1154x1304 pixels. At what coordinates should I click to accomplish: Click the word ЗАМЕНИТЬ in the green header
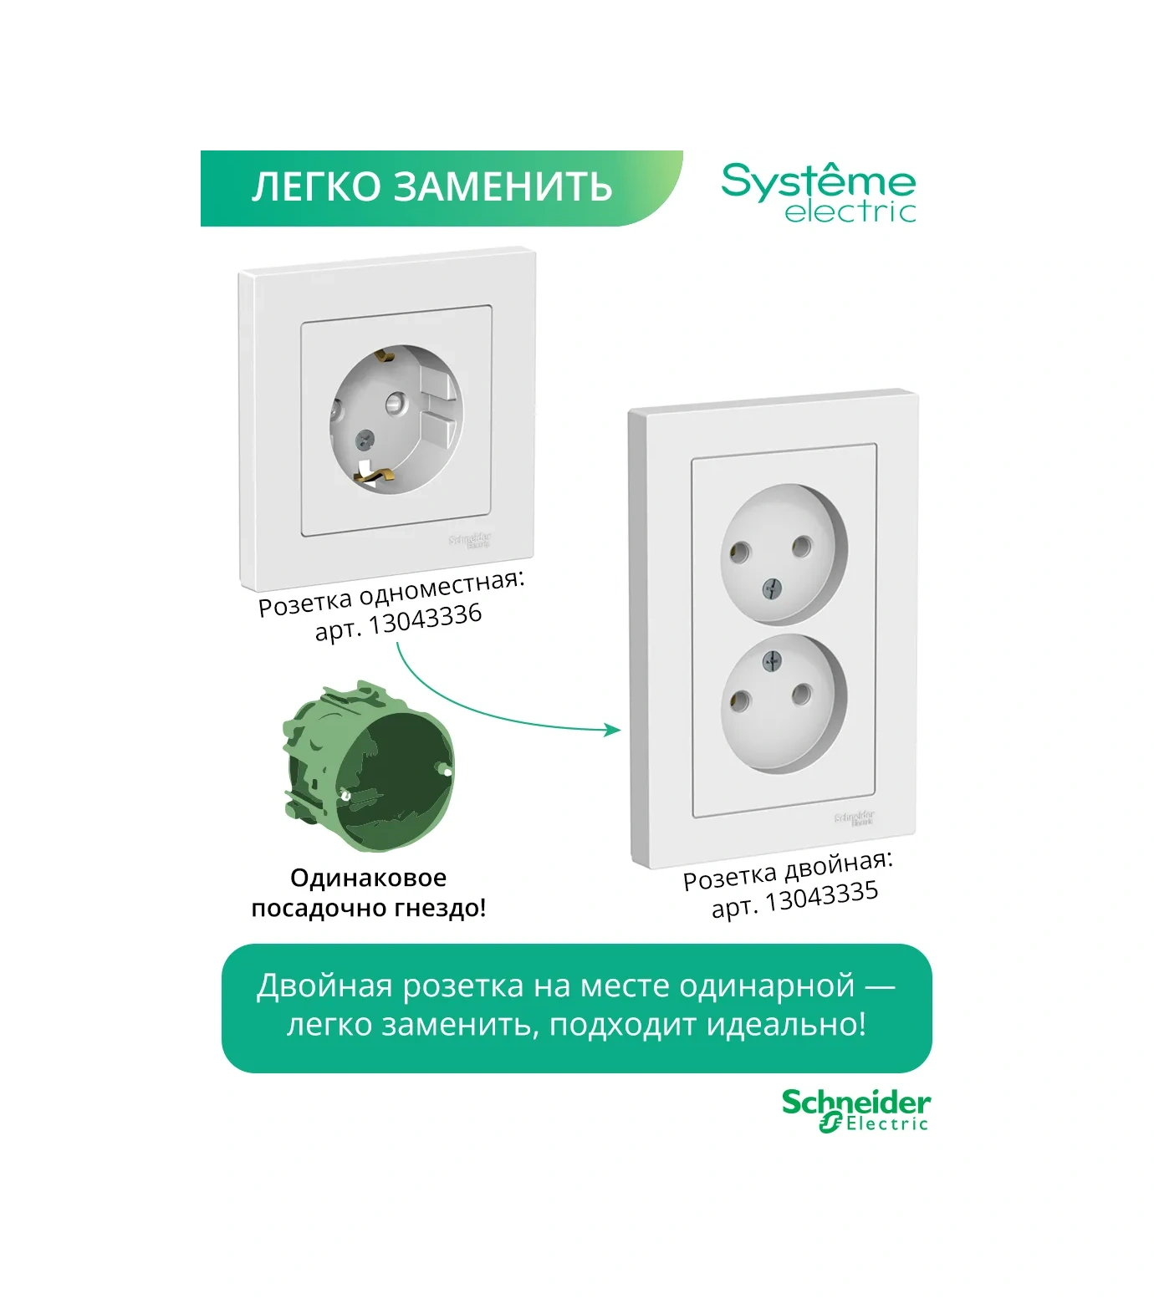[x=503, y=187]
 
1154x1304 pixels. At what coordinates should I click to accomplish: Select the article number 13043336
[x=426, y=619]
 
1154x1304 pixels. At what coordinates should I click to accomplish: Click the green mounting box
[x=368, y=767]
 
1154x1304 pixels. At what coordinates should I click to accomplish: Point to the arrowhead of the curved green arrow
[x=615, y=730]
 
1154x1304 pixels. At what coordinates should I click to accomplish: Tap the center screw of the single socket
[x=364, y=438]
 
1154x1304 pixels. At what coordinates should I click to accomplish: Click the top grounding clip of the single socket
[x=385, y=357]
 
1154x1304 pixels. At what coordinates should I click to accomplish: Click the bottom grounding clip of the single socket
[x=374, y=477]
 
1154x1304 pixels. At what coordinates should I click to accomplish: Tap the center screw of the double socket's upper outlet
[x=770, y=590]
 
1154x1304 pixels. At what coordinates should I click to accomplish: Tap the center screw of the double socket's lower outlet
[x=770, y=663]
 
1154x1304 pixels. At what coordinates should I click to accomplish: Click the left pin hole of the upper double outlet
[x=739, y=552]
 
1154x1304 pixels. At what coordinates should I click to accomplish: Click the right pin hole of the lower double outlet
[x=801, y=692]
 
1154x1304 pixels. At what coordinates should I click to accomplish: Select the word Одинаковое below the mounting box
[x=368, y=878]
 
